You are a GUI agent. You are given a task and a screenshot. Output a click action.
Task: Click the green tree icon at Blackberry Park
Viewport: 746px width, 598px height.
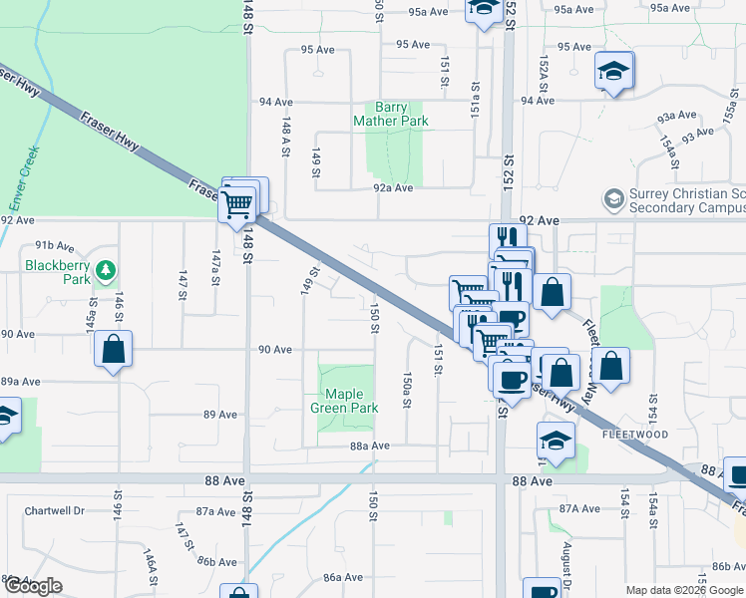(104, 269)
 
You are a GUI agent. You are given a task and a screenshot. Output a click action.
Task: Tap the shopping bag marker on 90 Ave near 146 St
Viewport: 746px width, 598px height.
(114, 350)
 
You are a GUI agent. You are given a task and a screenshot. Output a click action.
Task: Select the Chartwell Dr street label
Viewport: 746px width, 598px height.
(49, 511)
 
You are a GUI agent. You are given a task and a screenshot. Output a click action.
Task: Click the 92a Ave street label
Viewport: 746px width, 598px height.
(393, 187)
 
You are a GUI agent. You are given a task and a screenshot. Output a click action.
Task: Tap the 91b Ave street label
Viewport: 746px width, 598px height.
(55, 245)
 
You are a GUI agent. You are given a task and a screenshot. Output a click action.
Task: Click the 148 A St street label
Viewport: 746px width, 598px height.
(286, 132)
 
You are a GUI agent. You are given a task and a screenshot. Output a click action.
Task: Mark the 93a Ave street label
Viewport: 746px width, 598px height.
(675, 117)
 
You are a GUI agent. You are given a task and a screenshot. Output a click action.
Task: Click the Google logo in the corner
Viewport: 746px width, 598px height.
(33, 586)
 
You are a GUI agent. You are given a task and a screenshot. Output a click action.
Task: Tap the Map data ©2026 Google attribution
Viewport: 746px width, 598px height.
(684, 590)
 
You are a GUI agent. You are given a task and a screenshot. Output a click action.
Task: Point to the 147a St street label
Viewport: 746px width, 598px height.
(214, 269)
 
